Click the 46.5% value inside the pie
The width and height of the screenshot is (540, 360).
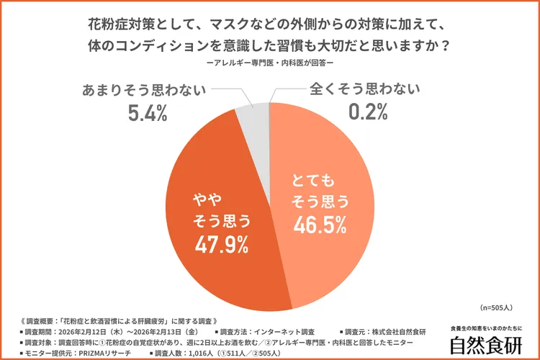coord(317,225)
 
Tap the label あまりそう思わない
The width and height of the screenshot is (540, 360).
coord(145,90)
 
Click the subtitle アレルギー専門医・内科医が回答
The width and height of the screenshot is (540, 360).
coord(269,63)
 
